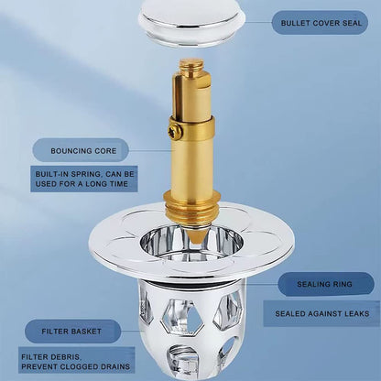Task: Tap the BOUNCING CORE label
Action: (x=80, y=149)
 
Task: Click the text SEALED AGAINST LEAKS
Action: (x=318, y=313)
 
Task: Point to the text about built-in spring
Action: (x=84, y=179)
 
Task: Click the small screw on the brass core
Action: (x=174, y=132)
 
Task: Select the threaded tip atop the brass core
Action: (x=191, y=65)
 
